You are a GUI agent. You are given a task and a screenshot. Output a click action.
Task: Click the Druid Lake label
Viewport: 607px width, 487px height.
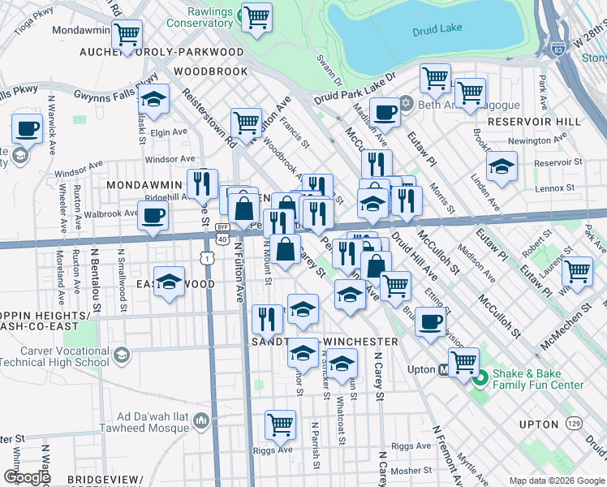coord(437,28)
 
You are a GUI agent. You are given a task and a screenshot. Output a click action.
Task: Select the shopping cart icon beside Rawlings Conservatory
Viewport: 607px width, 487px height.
coord(257,17)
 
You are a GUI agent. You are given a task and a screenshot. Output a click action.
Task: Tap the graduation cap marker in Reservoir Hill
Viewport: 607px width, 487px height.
coord(502,166)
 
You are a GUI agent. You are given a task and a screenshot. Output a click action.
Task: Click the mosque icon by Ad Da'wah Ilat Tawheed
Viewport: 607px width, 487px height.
coord(201,420)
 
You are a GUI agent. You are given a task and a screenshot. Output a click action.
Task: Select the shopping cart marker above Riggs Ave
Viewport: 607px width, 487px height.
coord(280,424)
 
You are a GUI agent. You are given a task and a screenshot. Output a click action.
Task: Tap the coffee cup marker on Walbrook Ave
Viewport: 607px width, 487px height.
coord(152,216)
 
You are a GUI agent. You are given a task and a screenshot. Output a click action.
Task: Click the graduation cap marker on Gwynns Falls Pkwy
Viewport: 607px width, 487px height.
coord(153,100)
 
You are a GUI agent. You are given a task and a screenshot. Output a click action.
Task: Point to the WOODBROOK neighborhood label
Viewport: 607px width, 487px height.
coord(210,72)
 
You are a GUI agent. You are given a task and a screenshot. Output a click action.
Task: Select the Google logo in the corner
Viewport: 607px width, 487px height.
coord(26,477)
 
